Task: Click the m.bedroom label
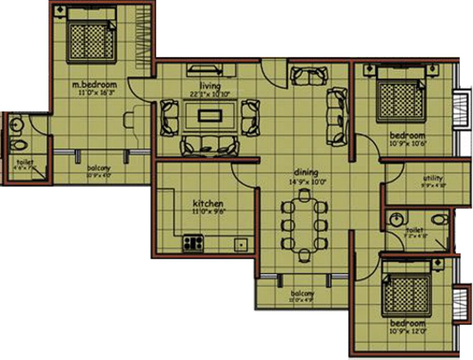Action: (x=94, y=85)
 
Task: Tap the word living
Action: (x=210, y=86)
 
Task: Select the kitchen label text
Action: (x=208, y=204)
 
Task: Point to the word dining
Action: (x=306, y=172)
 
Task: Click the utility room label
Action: (x=432, y=179)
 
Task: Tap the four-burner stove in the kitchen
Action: (x=193, y=243)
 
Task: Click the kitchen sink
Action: (x=241, y=244)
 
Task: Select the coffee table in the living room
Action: (x=209, y=115)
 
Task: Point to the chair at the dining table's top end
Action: (x=305, y=194)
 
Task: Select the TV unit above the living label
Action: (x=205, y=70)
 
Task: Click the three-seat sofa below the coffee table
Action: (x=210, y=146)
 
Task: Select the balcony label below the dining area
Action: (x=301, y=293)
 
